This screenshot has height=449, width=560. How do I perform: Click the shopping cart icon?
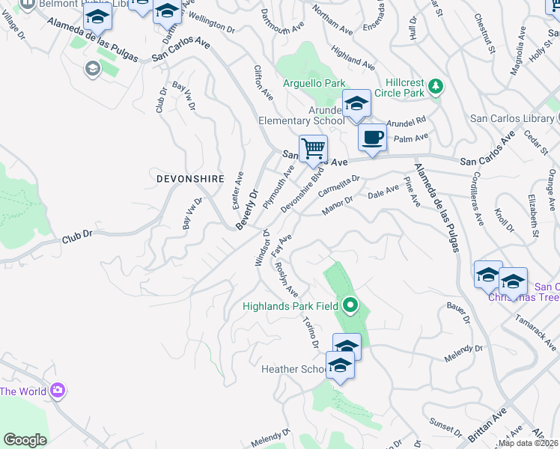tap(313, 147)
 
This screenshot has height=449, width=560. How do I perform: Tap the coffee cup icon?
tap(372, 137)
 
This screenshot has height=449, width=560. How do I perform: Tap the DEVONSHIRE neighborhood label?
tap(190, 180)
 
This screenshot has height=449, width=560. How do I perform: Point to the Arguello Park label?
tap(314, 83)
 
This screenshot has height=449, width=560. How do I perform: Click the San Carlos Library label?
tap(513, 118)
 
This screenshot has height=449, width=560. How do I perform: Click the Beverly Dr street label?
tap(247, 209)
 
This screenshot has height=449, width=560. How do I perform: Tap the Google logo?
tap(25, 439)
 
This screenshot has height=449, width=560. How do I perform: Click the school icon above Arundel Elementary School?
tap(356, 106)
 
